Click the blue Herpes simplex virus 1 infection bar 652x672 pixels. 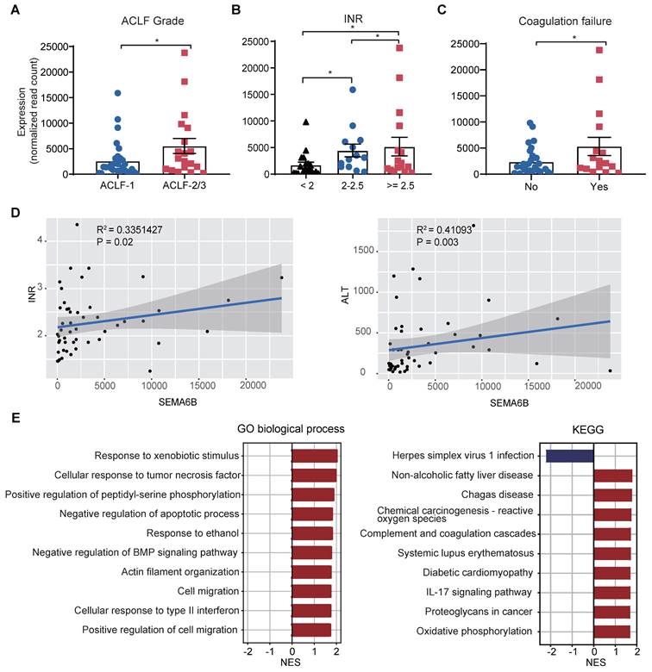(569, 456)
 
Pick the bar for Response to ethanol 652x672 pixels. (312, 532)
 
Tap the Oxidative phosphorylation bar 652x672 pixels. (612, 631)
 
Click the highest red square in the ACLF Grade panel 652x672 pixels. (185, 53)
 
